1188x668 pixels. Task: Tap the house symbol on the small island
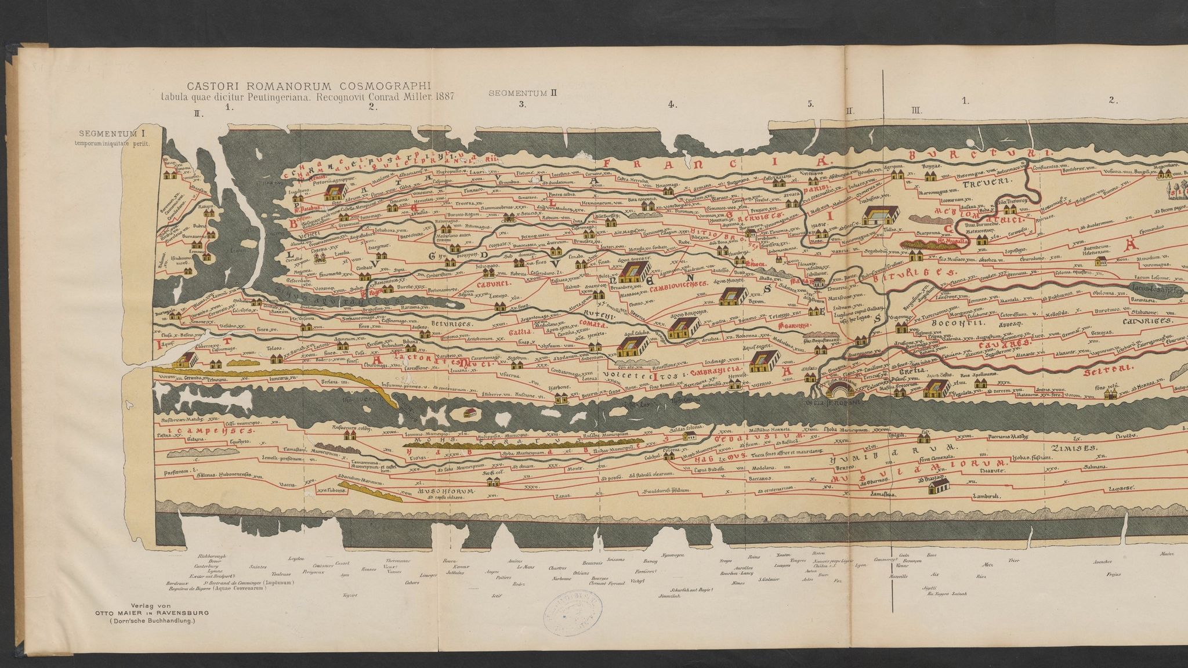pos(470,413)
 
